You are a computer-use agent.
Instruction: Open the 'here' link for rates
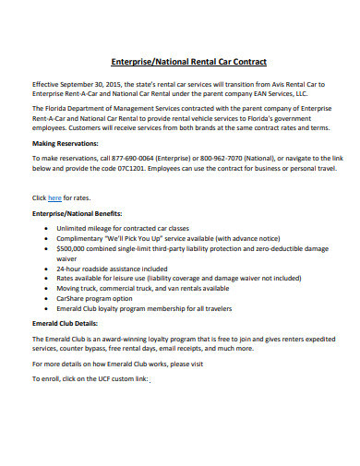pyautogui.click(x=54, y=197)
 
